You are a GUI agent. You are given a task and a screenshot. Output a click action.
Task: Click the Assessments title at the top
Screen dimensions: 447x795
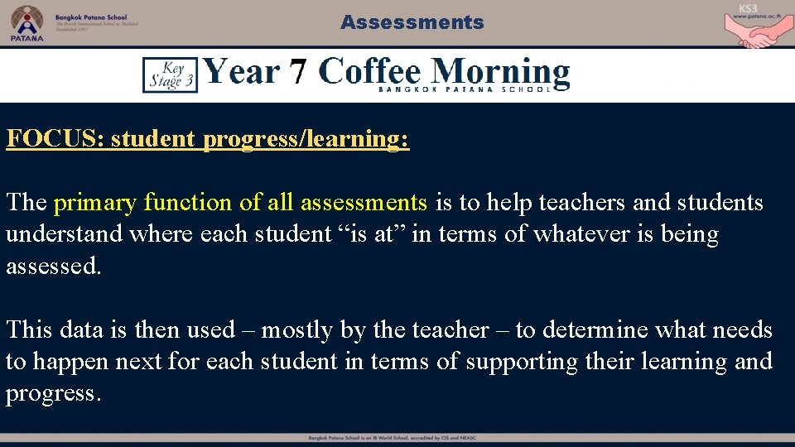pos(412,22)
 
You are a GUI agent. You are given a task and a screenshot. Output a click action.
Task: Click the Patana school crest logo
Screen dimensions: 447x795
pos(26,21)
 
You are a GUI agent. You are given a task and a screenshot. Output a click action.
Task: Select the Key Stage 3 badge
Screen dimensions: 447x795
pos(170,74)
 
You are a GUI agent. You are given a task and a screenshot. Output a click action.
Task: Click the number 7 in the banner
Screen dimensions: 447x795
pos(298,73)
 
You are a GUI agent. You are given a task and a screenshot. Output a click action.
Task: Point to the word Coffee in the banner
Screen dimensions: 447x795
pos(372,72)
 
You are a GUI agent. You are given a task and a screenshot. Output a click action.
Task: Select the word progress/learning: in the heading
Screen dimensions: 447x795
pos(306,139)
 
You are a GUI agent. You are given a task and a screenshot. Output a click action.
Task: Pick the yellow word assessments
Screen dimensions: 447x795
pos(364,203)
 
